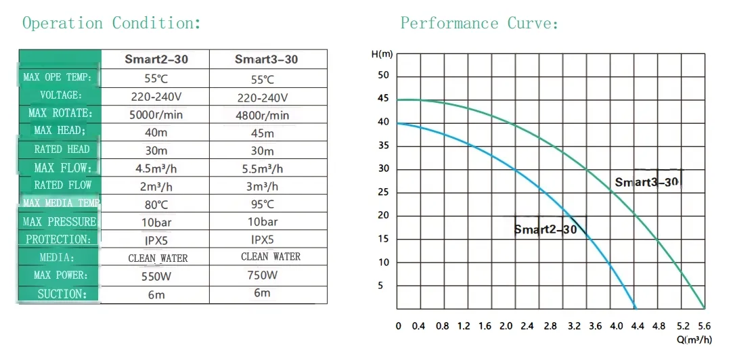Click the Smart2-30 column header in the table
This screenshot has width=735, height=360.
click(x=156, y=60)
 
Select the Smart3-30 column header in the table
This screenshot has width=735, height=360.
click(x=266, y=60)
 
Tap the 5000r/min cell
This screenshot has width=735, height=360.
click(x=156, y=114)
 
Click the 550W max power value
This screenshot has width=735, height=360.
click(x=156, y=276)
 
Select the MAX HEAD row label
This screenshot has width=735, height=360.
click(x=60, y=131)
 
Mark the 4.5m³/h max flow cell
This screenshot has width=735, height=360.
click(x=156, y=168)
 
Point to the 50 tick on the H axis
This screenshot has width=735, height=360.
click(x=384, y=75)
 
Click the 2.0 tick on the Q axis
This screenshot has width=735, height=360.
click(x=506, y=326)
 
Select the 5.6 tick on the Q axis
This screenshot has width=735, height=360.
click(x=704, y=326)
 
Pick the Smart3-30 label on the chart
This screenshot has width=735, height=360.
click(x=646, y=182)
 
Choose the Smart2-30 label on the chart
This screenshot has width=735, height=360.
click(x=545, y=229)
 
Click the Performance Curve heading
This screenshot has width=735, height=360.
click(x=479, y=24)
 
